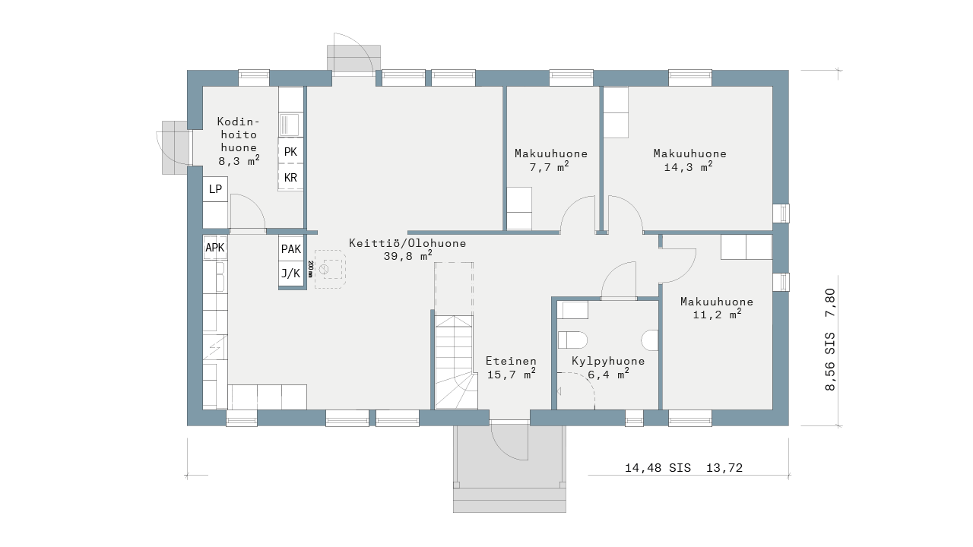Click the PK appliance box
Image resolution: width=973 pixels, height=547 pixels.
(290, 150)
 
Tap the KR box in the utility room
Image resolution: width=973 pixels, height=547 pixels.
(290, 177)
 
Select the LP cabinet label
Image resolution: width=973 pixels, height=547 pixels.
(215, 189)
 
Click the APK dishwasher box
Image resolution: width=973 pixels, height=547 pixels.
(215, 248)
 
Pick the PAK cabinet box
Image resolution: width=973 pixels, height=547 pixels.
(291, 248)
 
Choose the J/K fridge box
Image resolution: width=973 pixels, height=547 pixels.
(291, 273)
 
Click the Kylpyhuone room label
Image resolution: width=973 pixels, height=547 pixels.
(608, 361)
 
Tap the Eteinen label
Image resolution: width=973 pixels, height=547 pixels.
(511, 361)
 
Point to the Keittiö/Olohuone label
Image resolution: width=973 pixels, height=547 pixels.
(407, 243)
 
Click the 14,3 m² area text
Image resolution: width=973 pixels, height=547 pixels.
(688, 166)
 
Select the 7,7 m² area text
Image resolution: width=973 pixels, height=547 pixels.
(549, 166)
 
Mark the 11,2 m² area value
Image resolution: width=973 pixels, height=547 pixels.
(717, 315)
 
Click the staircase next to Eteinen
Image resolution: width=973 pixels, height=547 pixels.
(455, 362)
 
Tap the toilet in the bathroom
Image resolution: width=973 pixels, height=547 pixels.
(572, 340)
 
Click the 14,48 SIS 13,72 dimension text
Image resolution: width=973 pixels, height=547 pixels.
(683, 468)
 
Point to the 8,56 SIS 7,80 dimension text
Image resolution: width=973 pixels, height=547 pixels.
(829, 340)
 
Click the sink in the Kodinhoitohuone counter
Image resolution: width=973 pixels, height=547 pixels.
(290, 125)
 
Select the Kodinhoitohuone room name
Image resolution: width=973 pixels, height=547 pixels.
(239, 134)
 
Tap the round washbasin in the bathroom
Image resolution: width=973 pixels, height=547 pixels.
(650, 340)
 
